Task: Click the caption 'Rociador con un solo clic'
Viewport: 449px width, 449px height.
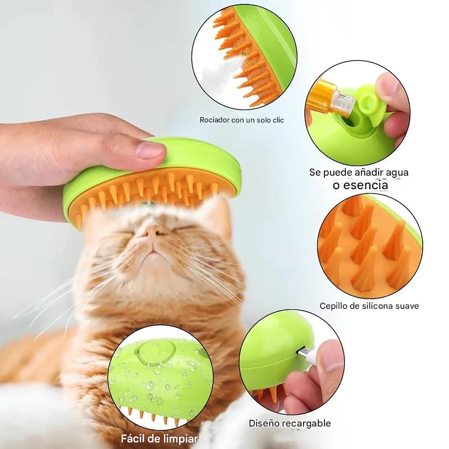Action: pyautogui.click(x=241, y=120)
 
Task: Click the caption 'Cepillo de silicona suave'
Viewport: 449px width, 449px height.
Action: pyautogui.click(x=369, y=306)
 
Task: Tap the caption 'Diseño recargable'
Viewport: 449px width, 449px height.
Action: pyautogui.click(x=290, y=423)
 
